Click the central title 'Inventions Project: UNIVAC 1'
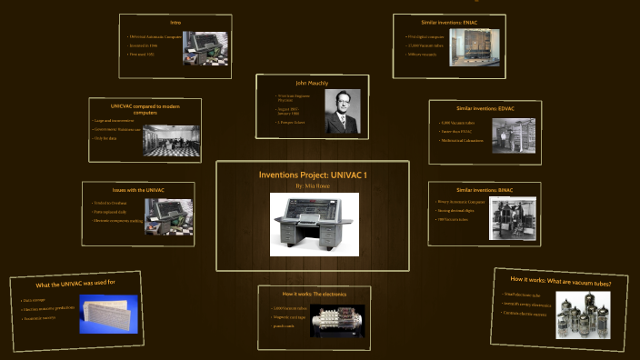coord(313,174)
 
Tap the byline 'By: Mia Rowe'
coord(313,185)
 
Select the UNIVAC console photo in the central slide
coord(314,224)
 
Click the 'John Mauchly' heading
coord(312,83)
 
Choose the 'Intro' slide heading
coord(175,22)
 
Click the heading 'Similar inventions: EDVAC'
coord(485,108)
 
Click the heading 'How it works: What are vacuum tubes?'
coord(560,281)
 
